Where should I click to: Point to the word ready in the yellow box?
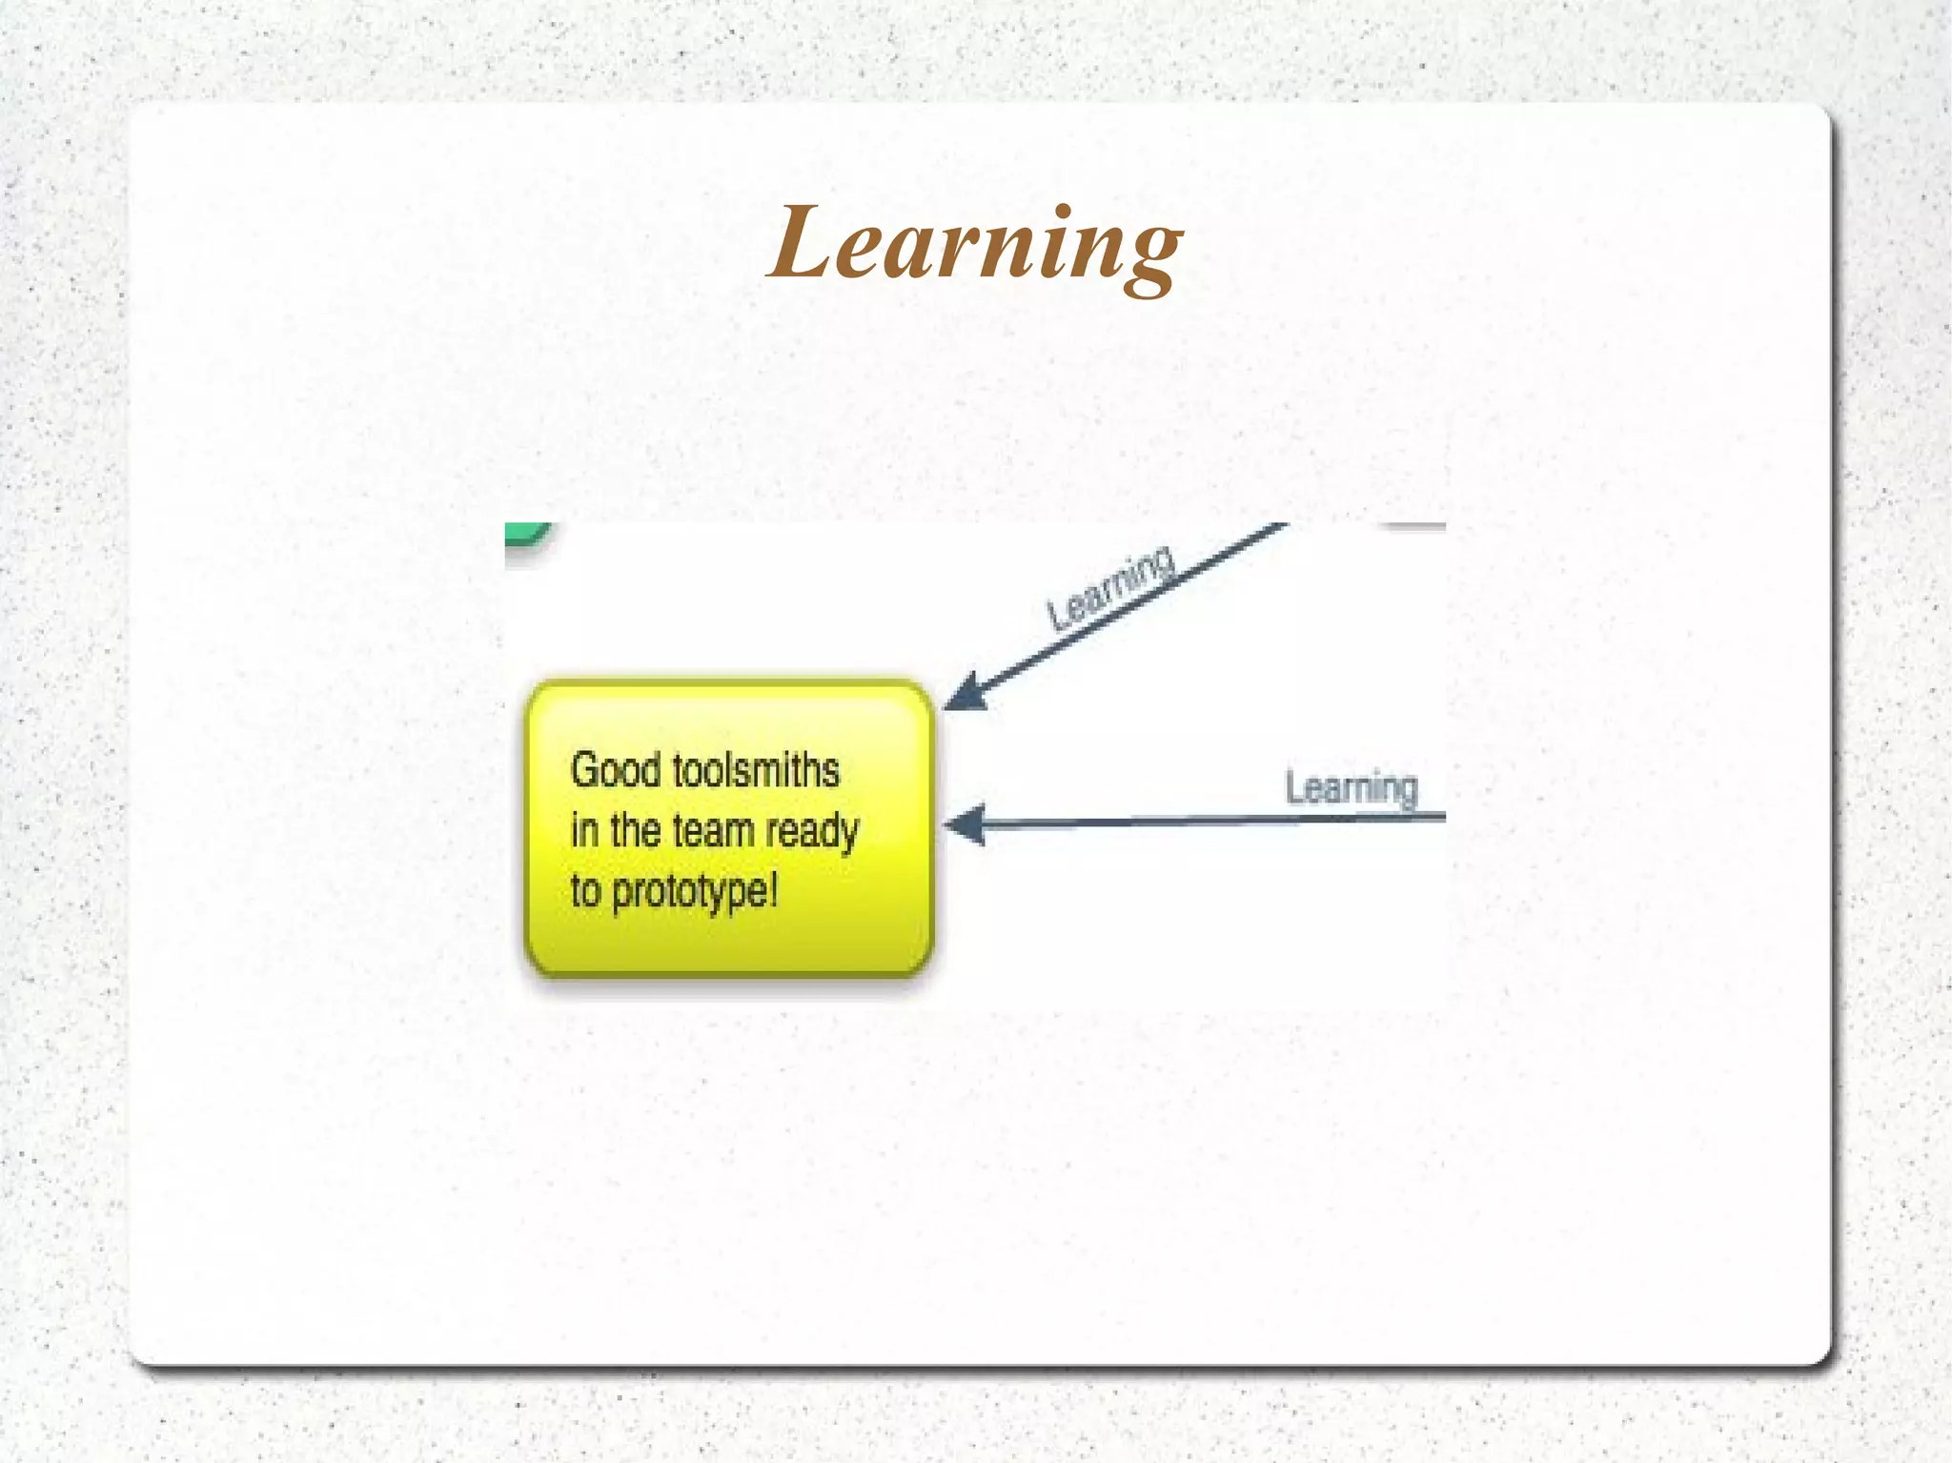coord(812,832)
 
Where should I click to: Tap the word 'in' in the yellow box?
coord(583,830)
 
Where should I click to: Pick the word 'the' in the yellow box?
coord(636,830)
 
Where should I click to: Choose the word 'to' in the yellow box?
coord(585,892)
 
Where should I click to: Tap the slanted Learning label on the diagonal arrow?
coord(1109,587)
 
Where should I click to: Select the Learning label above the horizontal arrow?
coord(1352,788)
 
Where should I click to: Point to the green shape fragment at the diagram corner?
coord(526,534)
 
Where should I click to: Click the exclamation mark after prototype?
coord(773,889)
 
